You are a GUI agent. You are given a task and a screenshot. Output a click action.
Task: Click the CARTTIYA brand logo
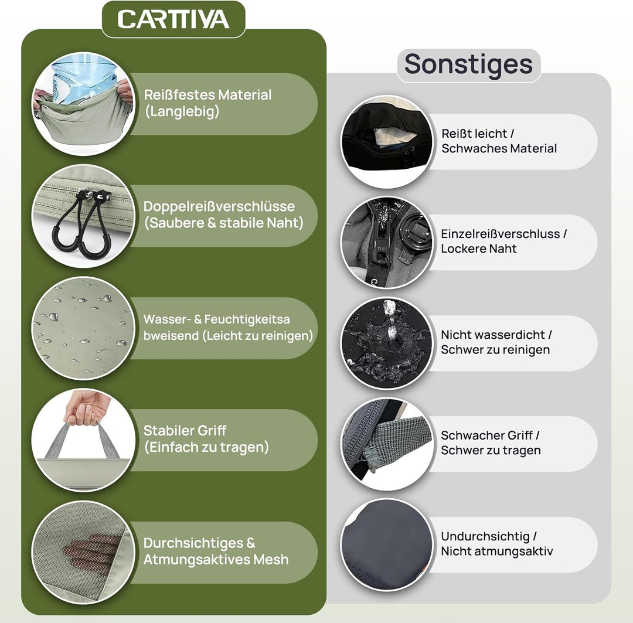[x=173, y=19]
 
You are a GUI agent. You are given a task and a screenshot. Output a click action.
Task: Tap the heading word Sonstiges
[x=468, y=64]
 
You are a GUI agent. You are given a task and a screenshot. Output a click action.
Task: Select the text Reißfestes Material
[x=207, y=95]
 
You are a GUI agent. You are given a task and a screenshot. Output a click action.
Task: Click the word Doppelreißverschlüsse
[x=219, y=206]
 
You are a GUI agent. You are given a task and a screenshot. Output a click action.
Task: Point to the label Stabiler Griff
[x=185, y=430]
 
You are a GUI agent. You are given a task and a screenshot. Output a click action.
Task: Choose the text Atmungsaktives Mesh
[x=216, y=560]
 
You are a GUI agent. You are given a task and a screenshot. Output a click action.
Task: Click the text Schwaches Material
[x=499, y=149]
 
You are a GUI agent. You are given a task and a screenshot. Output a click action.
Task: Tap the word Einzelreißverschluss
[x=501, y=234]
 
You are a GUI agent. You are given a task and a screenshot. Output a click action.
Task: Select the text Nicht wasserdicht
[x=493, y=335]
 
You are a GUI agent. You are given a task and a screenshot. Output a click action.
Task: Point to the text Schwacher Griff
[x=487, y=435]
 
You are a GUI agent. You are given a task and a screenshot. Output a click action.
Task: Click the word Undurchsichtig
[x=485, y=537]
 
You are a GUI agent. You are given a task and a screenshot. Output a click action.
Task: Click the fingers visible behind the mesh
[x=91, y=550]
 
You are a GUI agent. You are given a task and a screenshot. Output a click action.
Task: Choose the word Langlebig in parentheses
[x=182, y=111]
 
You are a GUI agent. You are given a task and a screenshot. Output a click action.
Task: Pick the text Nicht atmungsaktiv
[x=497, y=551]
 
